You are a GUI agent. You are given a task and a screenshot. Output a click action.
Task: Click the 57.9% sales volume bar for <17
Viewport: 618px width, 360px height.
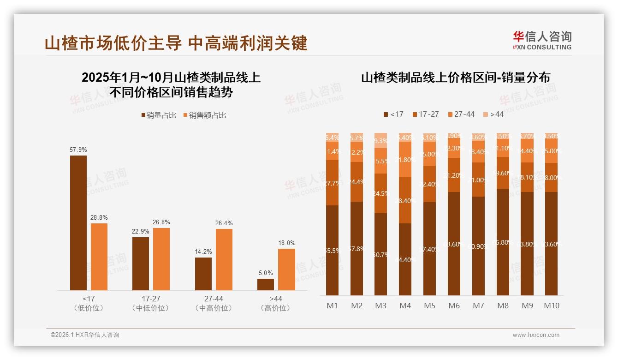78,223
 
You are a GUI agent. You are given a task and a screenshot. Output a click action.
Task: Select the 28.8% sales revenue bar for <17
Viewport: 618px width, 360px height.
99,257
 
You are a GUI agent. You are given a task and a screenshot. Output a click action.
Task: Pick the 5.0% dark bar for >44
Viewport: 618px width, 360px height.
266,284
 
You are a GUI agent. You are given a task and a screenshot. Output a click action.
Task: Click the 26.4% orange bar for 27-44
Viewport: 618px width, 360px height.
224,259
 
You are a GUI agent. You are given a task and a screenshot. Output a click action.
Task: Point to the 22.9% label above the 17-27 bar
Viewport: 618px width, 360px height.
140,231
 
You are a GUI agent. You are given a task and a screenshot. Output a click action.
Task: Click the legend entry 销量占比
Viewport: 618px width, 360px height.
158,115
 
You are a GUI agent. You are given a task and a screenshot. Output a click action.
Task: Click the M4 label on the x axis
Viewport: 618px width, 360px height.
405,306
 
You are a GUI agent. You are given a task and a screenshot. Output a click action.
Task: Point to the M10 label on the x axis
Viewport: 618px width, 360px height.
551,306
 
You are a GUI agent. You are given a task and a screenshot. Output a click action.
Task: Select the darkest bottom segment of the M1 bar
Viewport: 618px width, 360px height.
332,250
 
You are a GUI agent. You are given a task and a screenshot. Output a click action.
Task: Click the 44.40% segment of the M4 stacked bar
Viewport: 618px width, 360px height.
405,259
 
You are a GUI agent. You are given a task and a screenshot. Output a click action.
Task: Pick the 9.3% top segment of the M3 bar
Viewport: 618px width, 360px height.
380,140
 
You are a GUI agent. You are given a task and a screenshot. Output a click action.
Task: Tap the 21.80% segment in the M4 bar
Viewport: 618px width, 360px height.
405,160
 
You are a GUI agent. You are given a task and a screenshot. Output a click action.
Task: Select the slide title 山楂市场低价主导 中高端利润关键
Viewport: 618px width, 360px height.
176,43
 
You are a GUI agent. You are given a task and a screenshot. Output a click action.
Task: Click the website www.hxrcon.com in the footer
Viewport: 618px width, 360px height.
535,335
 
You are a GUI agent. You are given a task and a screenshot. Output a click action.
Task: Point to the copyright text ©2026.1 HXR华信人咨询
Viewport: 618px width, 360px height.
85,335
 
